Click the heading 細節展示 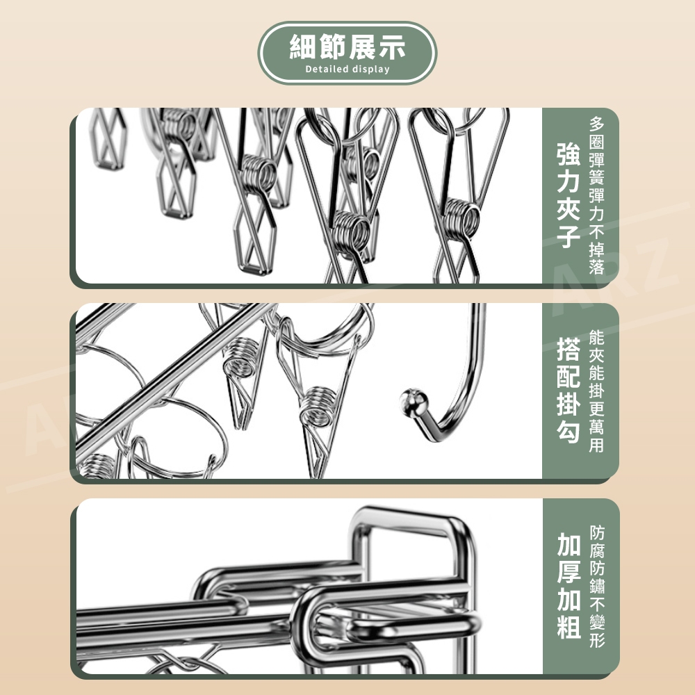(x=347, y=47)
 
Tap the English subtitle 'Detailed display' (x=347, y=69)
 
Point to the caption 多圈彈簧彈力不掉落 (x=596, y=195)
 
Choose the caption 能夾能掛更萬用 (x=596, y=391)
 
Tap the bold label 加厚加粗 (x=569, y=586)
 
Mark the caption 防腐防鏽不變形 (x=597, y=586)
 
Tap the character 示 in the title (x=392, y=47)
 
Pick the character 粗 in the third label (x=569, y=627)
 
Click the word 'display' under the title (x=371, y=69)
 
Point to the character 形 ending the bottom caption (x=597, y=640)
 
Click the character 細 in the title (x=303, y=47)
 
